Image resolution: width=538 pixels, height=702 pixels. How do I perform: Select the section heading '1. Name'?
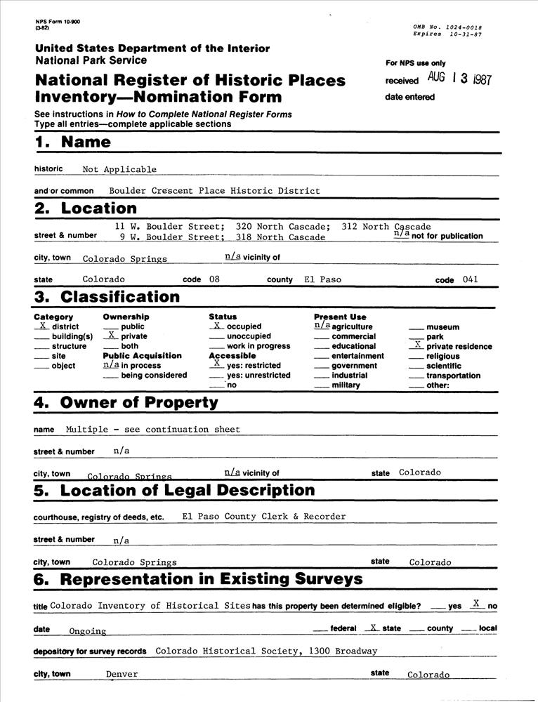point(72,142)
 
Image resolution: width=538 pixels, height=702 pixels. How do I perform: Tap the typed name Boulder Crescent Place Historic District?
point(214,190)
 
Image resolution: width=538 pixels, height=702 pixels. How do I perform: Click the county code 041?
point(471,279)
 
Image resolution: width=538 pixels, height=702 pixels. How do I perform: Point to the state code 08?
point(214,279)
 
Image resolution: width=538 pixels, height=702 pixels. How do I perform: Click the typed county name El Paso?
point(322,279)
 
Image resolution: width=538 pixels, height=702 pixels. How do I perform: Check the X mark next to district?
point(43,326)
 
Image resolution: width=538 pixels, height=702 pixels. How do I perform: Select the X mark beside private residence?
point(418,345)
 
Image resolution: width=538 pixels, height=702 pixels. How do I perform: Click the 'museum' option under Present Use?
point(442,327)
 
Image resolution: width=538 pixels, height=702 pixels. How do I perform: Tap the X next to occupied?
point(217,326)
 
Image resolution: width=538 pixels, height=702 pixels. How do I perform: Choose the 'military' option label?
point(346,385)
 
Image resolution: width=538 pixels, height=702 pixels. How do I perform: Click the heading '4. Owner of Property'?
point(126,403)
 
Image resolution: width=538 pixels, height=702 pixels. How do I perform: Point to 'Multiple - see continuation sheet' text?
point(152,429)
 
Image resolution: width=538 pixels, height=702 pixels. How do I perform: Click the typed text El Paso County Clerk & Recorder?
point(263,516)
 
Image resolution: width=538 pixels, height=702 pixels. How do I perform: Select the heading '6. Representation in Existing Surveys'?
point(198,579)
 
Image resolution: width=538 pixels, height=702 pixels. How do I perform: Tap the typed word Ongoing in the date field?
point(87,631)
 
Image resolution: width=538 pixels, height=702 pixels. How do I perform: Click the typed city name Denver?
point(122,674)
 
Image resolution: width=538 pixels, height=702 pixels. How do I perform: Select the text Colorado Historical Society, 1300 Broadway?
point(266,651)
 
